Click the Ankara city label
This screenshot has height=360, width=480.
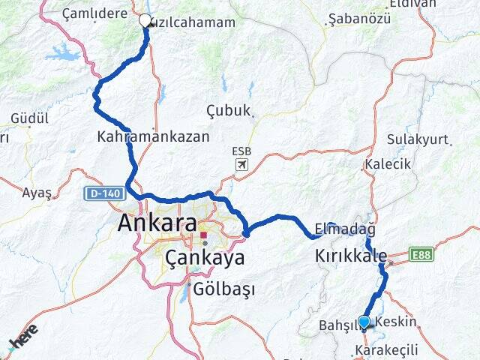tap(157, 223)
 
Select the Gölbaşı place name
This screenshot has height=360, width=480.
tap(224, 289)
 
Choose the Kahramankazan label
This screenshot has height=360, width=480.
tap(153, 138)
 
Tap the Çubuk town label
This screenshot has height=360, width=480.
tap(228, 110)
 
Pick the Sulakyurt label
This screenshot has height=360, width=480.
tap(417, 139)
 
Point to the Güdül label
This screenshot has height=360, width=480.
tap(30, 118)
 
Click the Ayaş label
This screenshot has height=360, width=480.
tap(37, 193)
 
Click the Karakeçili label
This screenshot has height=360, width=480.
tap(386, 350)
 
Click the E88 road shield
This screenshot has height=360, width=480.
tap(421, 256)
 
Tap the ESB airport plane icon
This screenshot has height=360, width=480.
tap(241, 164)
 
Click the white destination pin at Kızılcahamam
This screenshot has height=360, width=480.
tap(145, 21)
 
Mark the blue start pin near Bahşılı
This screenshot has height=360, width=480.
tap(364, 322)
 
